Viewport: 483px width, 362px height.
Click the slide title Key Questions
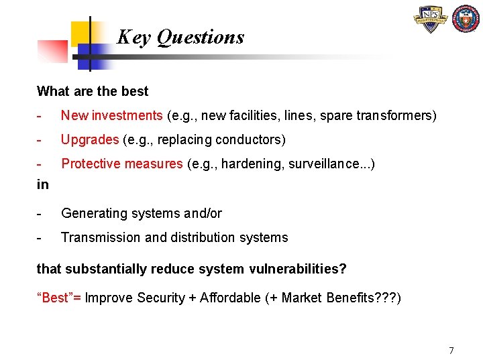[180, 37]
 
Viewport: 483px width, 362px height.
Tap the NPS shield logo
[431, 19]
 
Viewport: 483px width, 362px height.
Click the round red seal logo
[466, 19]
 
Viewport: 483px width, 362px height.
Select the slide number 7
[451, 350]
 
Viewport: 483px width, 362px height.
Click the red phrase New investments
[111, 115]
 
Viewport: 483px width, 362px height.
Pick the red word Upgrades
[90, 139]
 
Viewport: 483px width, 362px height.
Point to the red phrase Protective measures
[121, 164]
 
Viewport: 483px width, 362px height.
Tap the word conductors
[250, 139]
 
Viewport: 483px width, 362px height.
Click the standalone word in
[43, 184]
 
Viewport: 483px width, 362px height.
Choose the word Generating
[91, 213]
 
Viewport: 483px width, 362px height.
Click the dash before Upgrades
[40, 139]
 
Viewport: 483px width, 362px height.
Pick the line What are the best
[93, 91]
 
